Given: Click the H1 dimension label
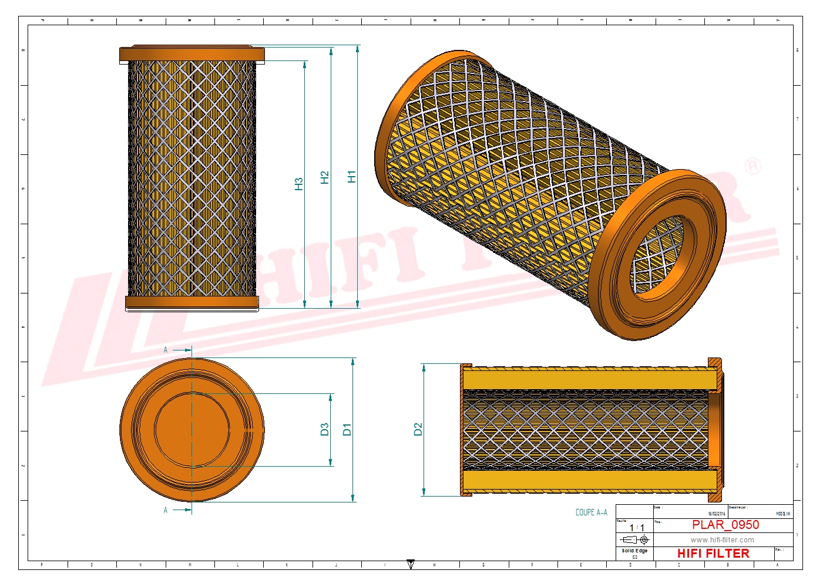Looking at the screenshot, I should [351, 177].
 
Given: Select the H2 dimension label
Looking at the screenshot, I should [325, 178].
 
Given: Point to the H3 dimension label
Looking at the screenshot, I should [298, 184].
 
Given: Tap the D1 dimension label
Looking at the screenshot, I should [347, 430].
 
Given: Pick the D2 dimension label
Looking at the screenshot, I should [418, 430].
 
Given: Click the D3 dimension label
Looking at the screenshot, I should [324, 430].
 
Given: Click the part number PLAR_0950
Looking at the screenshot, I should [725, 525].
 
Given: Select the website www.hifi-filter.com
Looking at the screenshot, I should [722, 540].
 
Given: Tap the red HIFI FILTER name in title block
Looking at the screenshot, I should [713, 554].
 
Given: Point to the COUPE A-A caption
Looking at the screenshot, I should [591, 512].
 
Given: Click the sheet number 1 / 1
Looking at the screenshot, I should [637, 528].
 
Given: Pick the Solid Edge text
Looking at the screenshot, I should [634, 551].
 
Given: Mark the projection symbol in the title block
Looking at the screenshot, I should [635, 539].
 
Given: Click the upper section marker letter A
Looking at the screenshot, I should [166, 350].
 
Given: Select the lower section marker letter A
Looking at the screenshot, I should [166, 510].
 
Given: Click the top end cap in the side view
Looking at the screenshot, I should [192, 54].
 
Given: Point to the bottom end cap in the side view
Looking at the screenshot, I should [192, 303].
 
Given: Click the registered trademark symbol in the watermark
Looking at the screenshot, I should [753, 167].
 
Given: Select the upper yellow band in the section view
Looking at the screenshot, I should [590, 379].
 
